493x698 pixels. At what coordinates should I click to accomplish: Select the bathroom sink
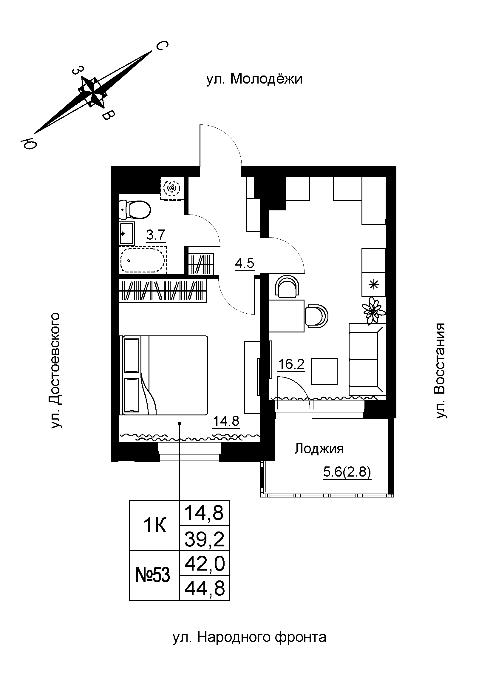127,233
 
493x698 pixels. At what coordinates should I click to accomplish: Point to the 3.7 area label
155,235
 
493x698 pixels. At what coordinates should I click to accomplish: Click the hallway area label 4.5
245,263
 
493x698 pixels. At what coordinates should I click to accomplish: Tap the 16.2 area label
291,364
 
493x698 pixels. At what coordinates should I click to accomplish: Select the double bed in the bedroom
166,375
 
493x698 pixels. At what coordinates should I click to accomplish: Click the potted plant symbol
373,310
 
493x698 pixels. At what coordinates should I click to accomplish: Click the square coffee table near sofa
324,371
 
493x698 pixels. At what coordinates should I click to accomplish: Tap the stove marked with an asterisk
374,285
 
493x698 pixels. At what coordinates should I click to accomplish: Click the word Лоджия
319,449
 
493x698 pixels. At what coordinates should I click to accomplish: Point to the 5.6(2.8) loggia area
347,472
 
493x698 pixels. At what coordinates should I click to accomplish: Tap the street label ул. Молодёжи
254,79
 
